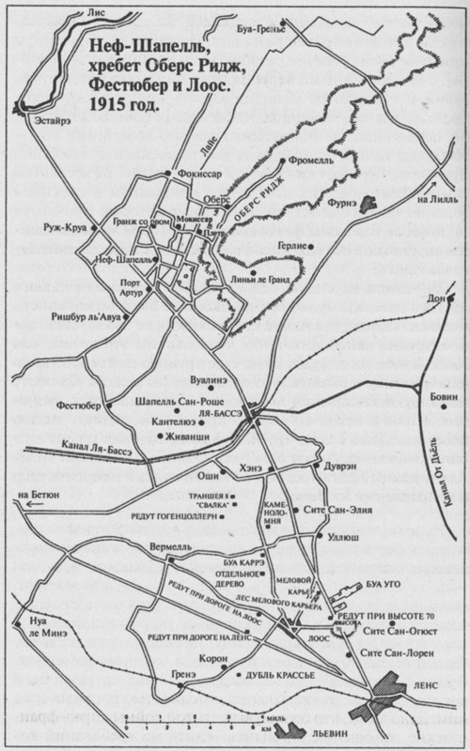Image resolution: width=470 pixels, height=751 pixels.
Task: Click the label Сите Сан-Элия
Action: point(326,509)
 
